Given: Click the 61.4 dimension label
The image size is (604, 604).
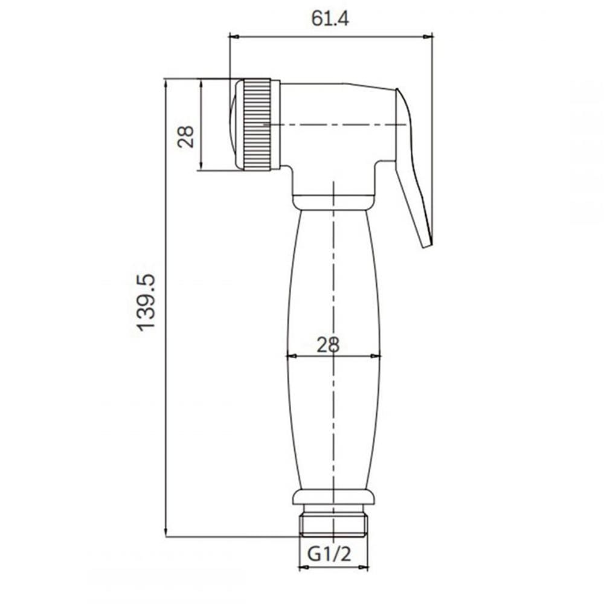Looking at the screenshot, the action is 330,18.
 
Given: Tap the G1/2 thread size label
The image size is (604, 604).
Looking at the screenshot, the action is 329,554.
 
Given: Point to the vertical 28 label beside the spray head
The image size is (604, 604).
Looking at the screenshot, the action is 185,137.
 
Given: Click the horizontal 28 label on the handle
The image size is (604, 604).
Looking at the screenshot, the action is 328,345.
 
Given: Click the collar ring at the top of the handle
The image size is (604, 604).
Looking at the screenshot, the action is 333,202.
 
